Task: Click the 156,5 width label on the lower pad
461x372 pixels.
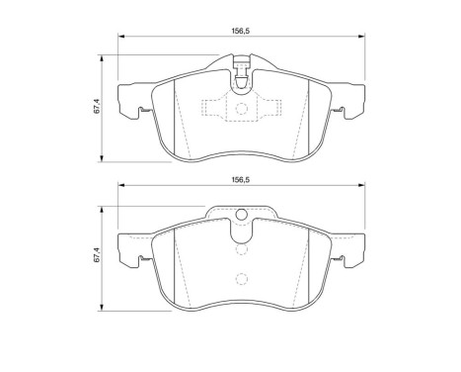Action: pyautogui.click(x=238, y=180)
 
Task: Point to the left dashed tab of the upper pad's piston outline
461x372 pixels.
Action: pyautogui.click(x=208, y=109)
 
